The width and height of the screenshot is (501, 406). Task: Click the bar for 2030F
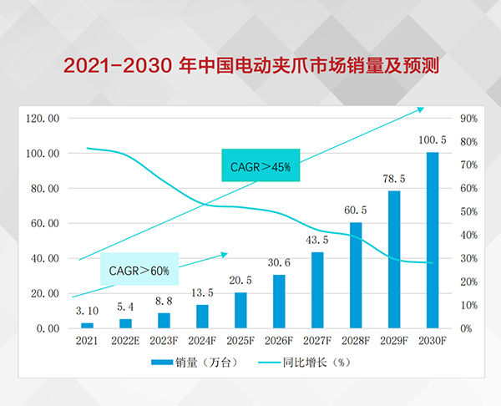(433, 240)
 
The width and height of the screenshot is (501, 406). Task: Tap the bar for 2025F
(240, 310)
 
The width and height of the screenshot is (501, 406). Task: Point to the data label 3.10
(87, 311)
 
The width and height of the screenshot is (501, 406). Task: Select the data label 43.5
(317, 241)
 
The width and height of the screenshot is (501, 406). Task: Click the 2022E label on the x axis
(125, 341)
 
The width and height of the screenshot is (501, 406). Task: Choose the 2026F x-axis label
(279, 341)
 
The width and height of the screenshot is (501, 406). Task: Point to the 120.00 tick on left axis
(43, 119)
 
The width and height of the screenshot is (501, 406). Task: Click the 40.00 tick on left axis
(43, 258)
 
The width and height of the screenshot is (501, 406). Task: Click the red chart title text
(250, 64)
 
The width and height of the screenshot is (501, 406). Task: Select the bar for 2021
(87, 325)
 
